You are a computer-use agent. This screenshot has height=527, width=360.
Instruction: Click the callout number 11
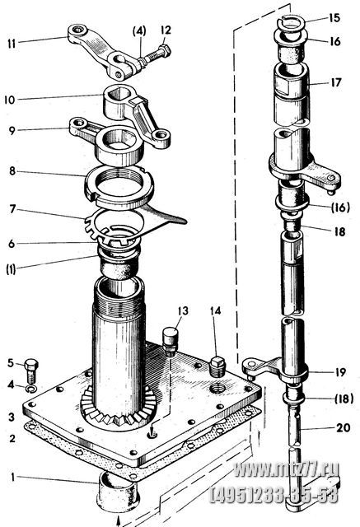12,44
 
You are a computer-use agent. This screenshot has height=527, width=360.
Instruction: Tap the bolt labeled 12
157,55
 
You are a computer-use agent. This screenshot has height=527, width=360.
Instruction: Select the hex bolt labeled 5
31,371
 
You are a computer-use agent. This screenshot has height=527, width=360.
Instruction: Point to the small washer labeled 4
32,389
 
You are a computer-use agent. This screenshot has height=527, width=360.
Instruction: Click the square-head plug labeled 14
217,367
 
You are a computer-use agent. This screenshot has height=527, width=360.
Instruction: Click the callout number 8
12,171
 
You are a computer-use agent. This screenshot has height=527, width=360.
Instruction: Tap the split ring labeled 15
292,24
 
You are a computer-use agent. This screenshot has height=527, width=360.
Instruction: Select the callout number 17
336,82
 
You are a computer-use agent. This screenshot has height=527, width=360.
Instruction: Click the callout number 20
344,428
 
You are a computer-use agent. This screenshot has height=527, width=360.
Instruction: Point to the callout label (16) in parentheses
340,208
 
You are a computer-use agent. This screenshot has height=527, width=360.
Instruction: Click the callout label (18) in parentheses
344,399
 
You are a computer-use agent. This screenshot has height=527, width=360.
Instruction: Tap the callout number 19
340,372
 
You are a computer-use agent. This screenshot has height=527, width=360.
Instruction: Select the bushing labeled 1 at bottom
118,491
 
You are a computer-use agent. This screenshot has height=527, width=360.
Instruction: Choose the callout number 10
10,100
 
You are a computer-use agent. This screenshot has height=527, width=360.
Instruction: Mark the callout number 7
12,209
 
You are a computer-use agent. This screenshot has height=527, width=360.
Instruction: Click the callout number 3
12,417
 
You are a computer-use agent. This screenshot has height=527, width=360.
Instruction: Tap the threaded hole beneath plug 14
217,389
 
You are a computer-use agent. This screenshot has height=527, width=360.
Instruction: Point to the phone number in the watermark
274,496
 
